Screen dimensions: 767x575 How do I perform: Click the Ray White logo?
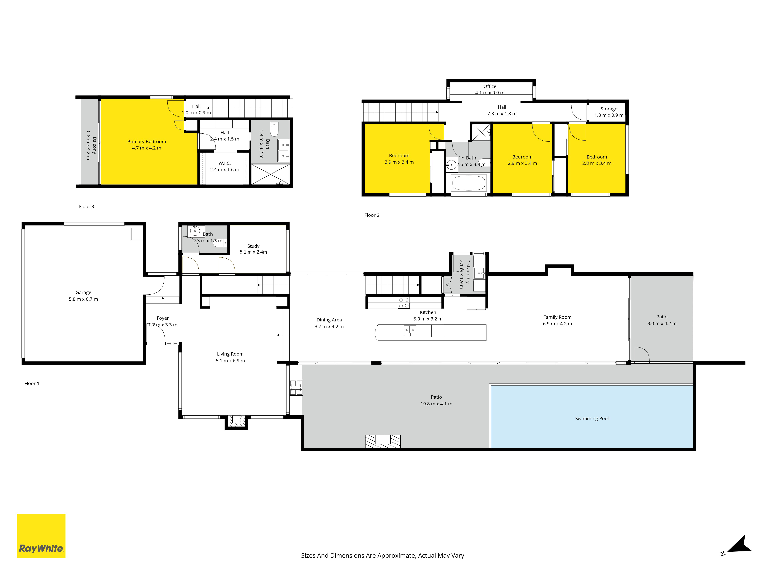41,536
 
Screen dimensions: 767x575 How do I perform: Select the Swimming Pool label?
592,418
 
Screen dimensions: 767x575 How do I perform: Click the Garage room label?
83,292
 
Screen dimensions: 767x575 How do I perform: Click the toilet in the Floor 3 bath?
274,129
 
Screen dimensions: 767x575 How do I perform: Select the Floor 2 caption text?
372,215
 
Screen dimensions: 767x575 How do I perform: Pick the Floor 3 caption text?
86,207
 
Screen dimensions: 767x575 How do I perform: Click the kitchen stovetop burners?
404,303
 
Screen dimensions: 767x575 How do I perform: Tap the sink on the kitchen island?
410,330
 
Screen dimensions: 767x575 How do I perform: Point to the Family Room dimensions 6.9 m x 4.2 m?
557,324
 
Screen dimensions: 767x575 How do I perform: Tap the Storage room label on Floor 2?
609,109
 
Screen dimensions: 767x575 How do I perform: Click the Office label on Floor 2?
490,86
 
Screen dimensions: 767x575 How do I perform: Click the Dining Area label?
329,320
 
